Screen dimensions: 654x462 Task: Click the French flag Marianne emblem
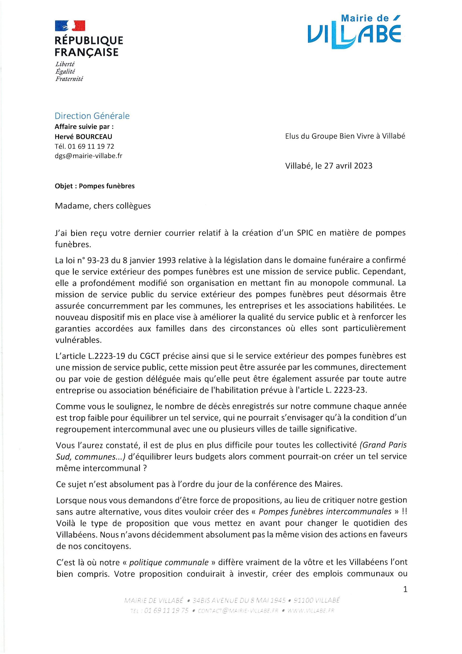point(70,26)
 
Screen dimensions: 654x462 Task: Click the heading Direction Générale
point(92,116)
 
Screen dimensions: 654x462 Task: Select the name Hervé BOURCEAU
point(83,137)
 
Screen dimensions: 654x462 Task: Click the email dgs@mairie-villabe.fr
point(88,156)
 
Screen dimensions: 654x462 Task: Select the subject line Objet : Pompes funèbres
point(95,186)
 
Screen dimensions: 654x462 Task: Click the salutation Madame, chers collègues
point(103,206)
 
